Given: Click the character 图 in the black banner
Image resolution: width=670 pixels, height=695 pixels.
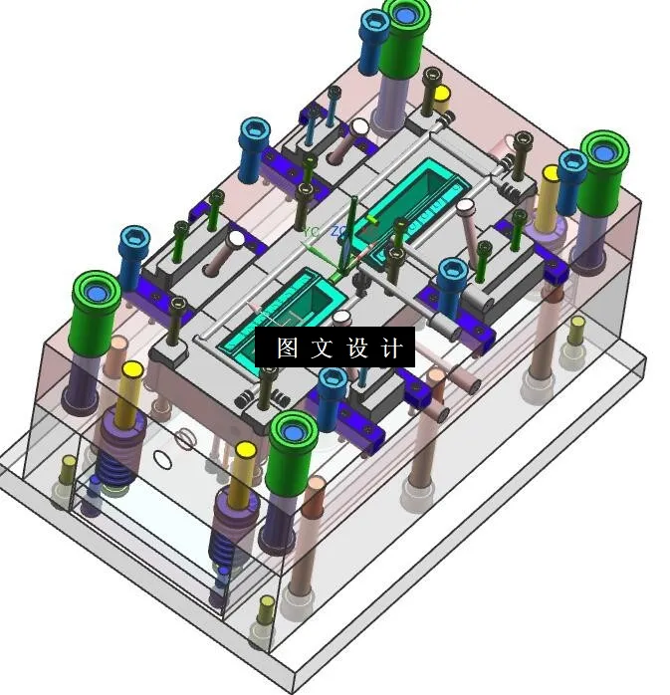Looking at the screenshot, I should pyautogui.click(x=287, y=348).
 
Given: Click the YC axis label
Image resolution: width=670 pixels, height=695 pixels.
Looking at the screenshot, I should pyautogui.click(x=312, y=232).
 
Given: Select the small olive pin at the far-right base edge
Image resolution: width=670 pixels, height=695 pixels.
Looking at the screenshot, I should pyautogui.click(x=575, y=331).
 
